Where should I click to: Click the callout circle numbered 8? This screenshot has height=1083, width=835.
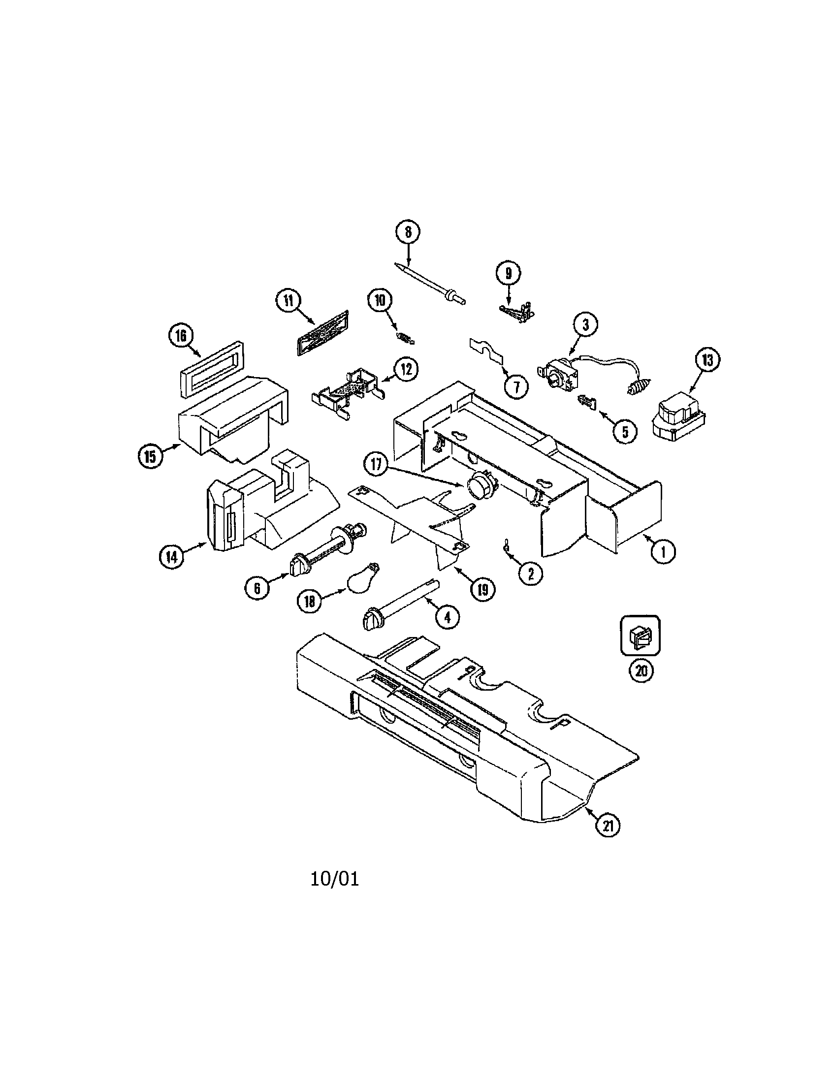(x=408, y=232)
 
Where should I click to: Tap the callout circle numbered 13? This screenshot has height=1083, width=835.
(x=707, y=360)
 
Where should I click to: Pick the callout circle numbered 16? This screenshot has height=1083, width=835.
(x=180, y=336)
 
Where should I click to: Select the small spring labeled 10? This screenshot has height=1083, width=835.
(x=407, y=338)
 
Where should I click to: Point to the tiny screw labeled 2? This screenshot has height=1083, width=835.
(x=506, y=544)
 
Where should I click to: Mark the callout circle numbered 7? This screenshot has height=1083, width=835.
(x=516, y=386)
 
